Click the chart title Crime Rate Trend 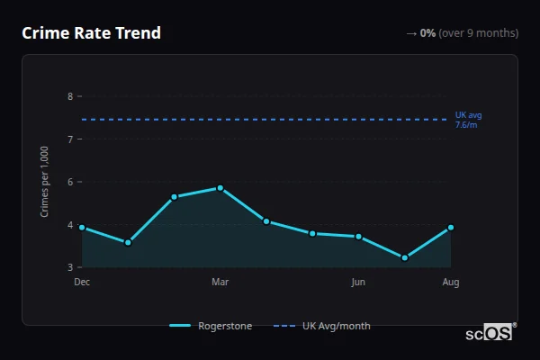[91, 33]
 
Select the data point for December [82, 228]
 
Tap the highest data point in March [220, 188]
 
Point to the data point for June [358, 237]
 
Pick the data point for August [451, 228]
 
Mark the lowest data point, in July [405, 257]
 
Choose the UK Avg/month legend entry [322, 326]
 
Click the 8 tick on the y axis [70, 96]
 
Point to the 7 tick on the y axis [70, 139]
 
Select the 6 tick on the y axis [70, 182]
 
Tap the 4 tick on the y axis [70, 225]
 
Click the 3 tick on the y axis [70, 267]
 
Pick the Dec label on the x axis [82, 283]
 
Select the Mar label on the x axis [220, 283]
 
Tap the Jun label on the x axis [358, 283]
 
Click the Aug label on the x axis [451, 283]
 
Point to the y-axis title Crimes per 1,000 [45, 182]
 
